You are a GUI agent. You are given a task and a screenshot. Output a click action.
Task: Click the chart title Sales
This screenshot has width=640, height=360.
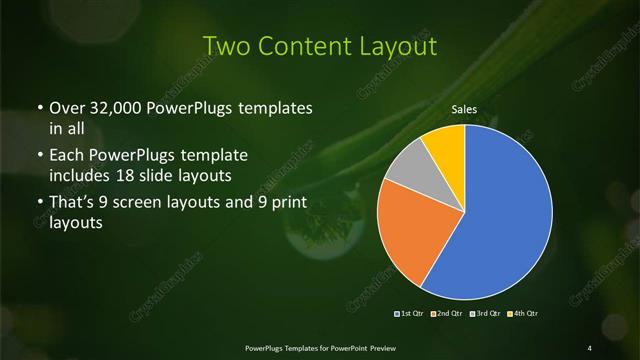464,109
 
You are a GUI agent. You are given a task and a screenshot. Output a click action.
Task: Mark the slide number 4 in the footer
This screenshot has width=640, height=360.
590,347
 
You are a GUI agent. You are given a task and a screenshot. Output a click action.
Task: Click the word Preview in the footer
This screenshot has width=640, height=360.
379,347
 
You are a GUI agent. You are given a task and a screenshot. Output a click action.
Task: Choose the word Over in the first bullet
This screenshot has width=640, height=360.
66,106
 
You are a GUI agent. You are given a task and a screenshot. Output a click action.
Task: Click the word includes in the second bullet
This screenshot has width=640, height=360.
81,177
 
